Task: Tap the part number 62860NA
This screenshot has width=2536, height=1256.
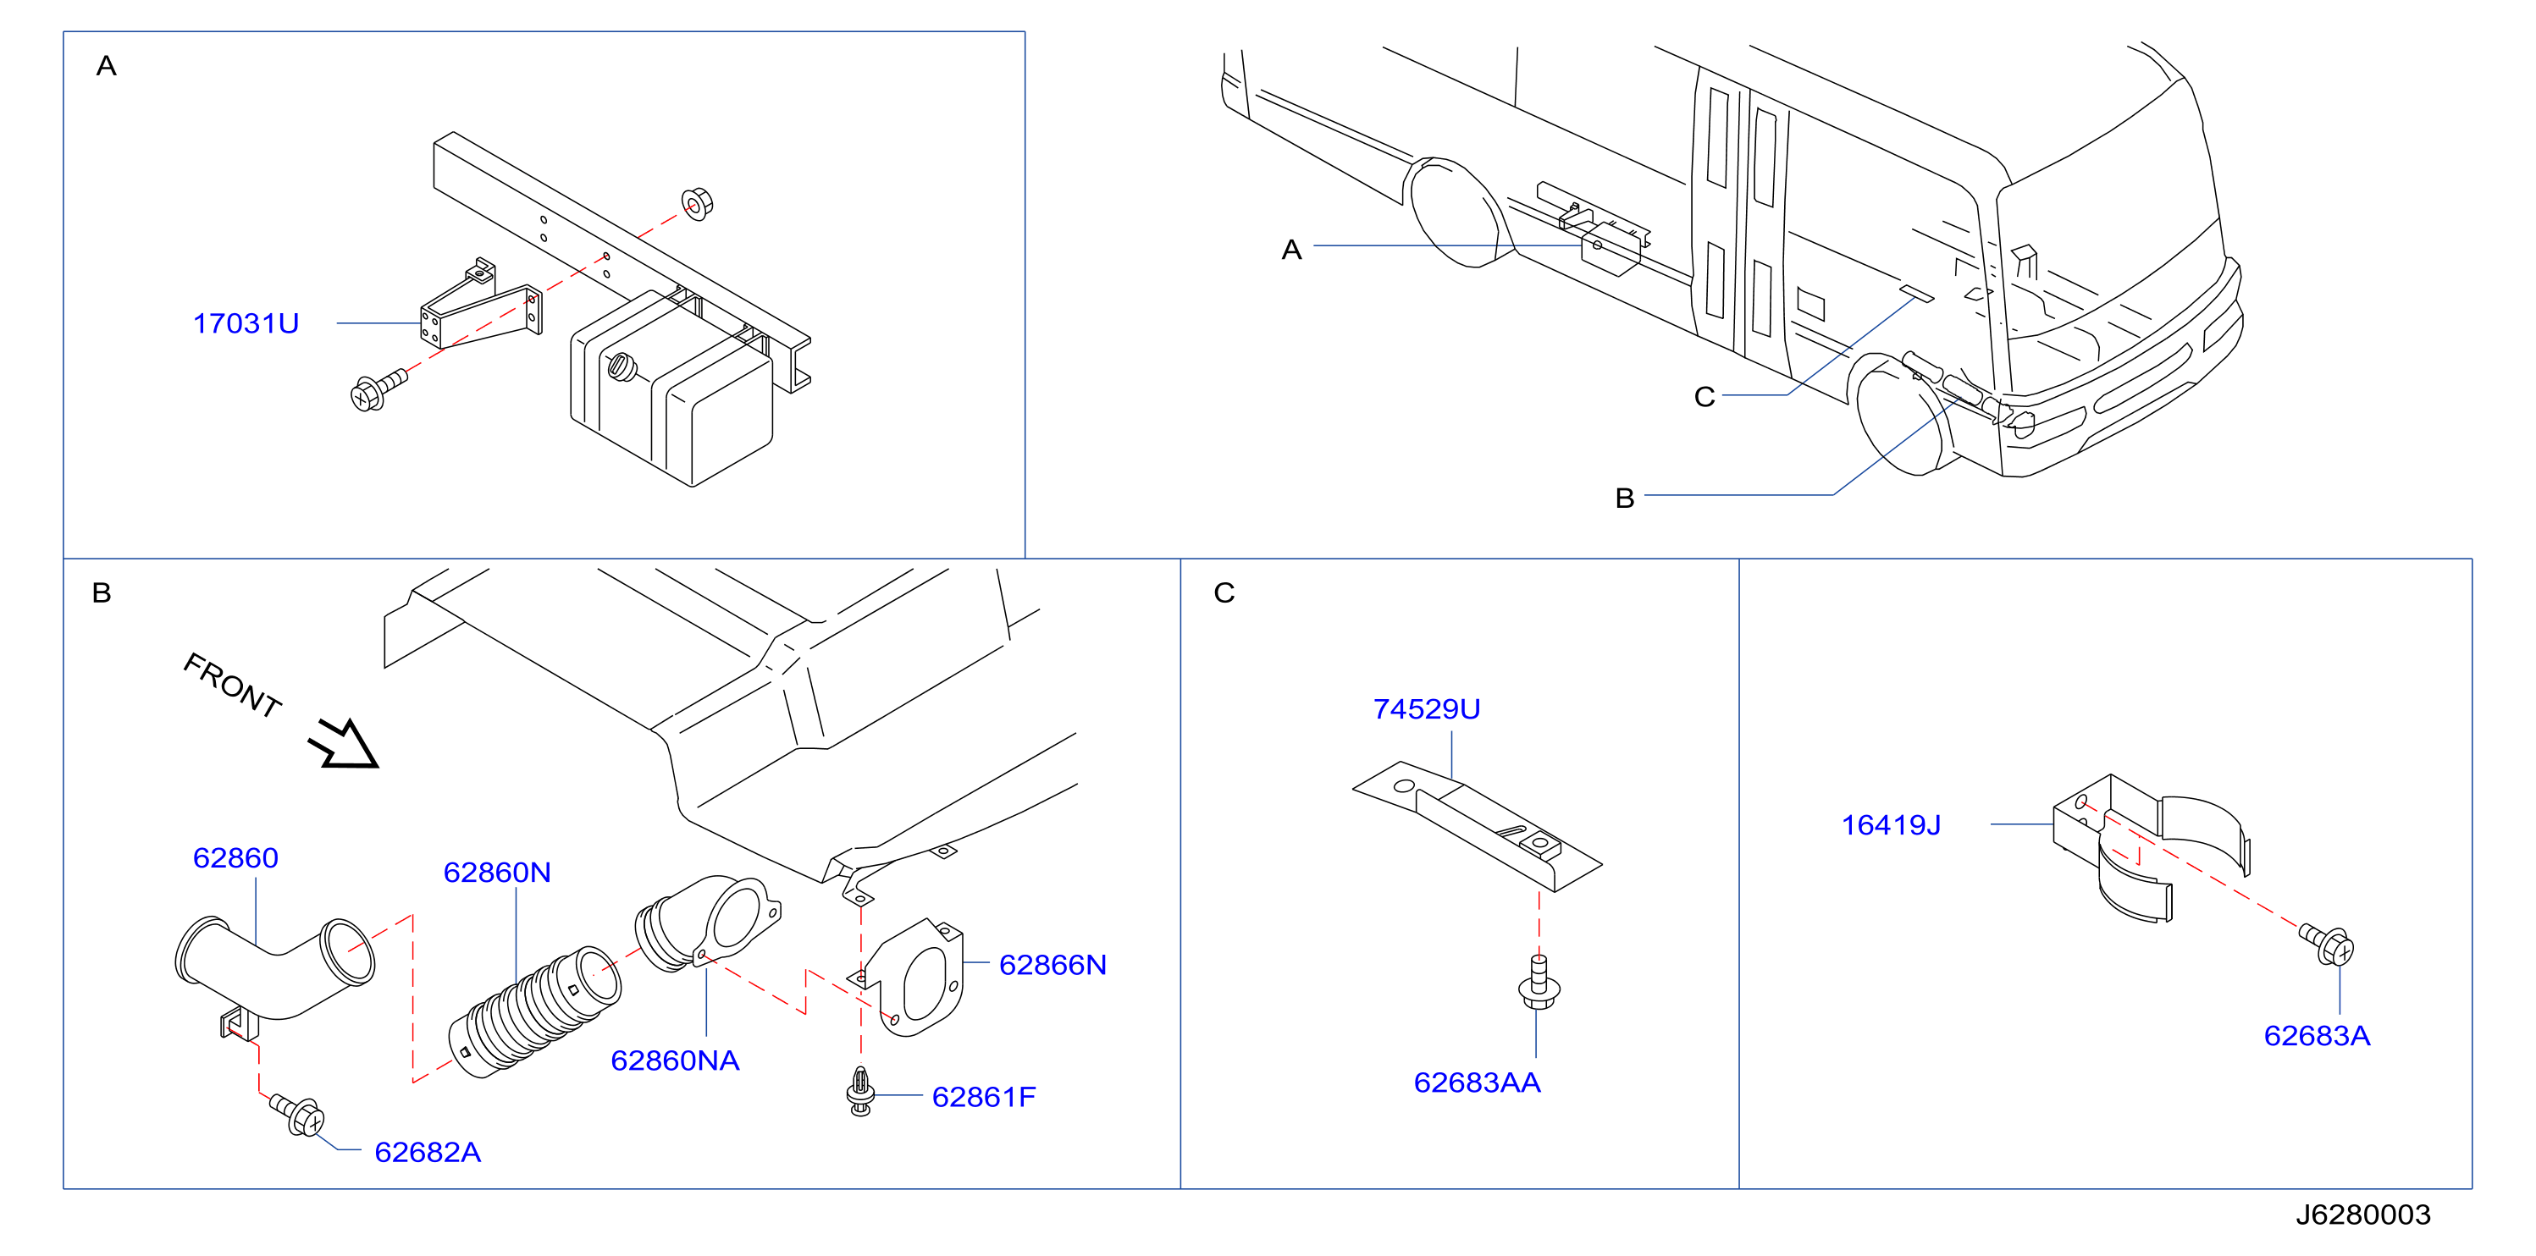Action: click(676, 1060)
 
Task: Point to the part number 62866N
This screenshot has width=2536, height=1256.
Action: click(1053, 965)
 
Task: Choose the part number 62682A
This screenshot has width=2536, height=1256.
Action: click(428, 1152)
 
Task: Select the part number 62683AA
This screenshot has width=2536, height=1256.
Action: click(1477, 1082)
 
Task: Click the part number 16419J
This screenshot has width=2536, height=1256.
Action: click(1891, 825)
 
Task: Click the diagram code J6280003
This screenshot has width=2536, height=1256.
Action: click(2362, 1215)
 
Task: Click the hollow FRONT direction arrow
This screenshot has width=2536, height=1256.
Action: click(344, 744)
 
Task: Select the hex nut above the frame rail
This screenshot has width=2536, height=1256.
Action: click(697, 204)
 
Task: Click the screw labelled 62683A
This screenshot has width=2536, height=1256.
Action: click(2328, 944)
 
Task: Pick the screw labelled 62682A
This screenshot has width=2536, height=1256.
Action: click(297, 1116)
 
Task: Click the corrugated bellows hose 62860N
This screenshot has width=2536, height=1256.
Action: click(535, 1012)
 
